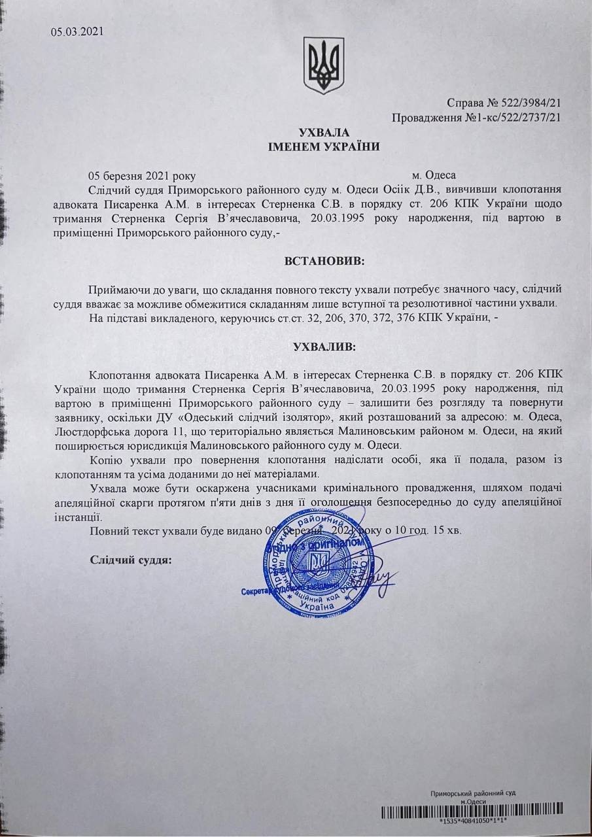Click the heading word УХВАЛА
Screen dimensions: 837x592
click(x=324, y=133)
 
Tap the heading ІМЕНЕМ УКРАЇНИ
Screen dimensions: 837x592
click(x=324, y=146)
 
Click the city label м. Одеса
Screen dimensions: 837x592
click(x=438, y=175)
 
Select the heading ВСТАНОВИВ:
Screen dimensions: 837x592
click(x=324, y=261)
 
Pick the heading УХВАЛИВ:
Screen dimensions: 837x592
click(x=324, y=347)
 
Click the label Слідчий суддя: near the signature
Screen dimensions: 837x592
click(x=130, y=560)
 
